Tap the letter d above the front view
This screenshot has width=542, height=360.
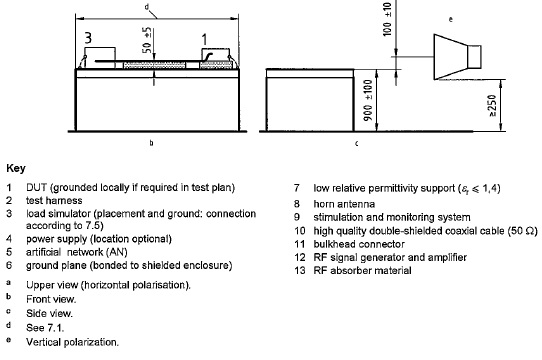[x=147, y=7]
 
